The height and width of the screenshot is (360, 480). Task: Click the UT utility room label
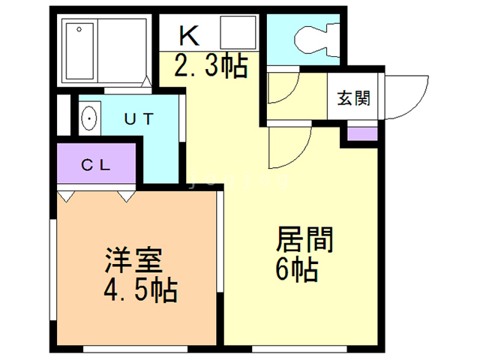139,118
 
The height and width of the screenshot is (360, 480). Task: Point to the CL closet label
97,166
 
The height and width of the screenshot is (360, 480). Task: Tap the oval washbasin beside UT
90,118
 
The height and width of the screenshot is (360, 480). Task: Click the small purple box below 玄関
360,136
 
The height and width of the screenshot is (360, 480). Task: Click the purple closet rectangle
97,166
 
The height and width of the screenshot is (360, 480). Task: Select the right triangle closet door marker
125,196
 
